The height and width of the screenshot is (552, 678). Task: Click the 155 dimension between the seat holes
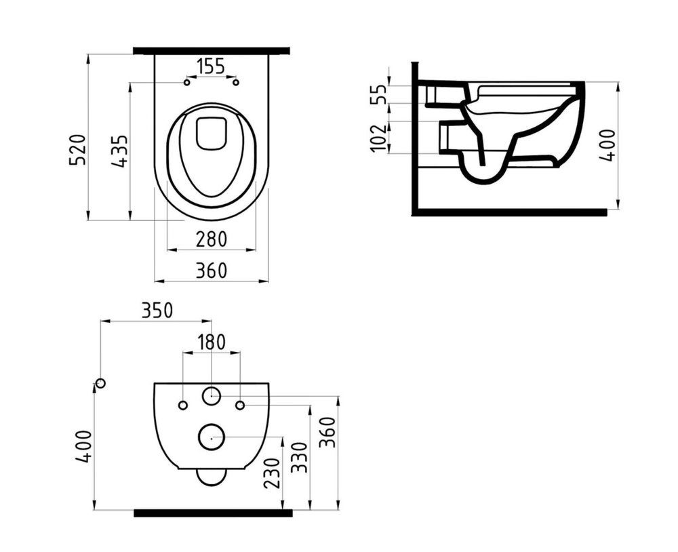[x=211, y=67]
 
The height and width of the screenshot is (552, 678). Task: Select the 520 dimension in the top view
[x=79, y=150]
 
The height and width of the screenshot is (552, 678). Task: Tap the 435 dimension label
[x=119, y=151]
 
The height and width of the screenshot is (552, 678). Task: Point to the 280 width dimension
[x=211, y=239]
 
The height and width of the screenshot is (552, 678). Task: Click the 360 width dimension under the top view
[x=211, y=271]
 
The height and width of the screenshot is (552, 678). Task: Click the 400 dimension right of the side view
[x=607, y=145]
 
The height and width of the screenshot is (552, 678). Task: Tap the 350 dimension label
[x=157, y=311]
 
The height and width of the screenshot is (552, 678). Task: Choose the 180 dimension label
[x=212, y=342]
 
